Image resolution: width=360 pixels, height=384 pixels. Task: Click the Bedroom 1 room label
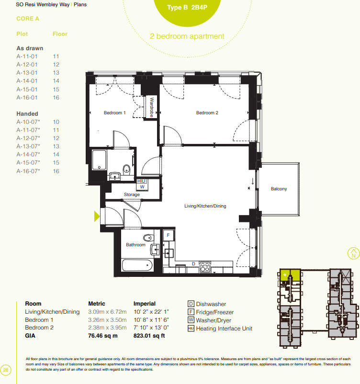click(115, 113)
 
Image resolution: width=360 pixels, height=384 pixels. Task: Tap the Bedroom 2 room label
click(207, 113)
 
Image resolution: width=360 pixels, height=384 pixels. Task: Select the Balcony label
click(279, 189)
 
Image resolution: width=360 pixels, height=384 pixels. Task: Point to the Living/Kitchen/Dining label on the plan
click(205, 206)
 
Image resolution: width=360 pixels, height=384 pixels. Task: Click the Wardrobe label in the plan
click(152, 108)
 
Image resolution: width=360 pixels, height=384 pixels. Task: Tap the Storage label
click(132, 195)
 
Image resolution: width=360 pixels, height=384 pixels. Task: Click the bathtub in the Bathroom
click(137, 265)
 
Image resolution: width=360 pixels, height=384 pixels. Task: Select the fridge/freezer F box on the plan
click(168, 235)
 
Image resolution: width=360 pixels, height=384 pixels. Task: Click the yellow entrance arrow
click(97, 216)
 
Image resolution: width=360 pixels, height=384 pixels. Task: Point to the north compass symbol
click(353, 253)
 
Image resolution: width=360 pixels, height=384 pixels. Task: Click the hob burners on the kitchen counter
click(205, 266)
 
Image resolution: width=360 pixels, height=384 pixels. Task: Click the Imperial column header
click(145, 304)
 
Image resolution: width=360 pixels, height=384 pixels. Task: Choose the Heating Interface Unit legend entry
click(220, 329)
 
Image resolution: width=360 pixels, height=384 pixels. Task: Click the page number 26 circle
click(6, 369)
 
